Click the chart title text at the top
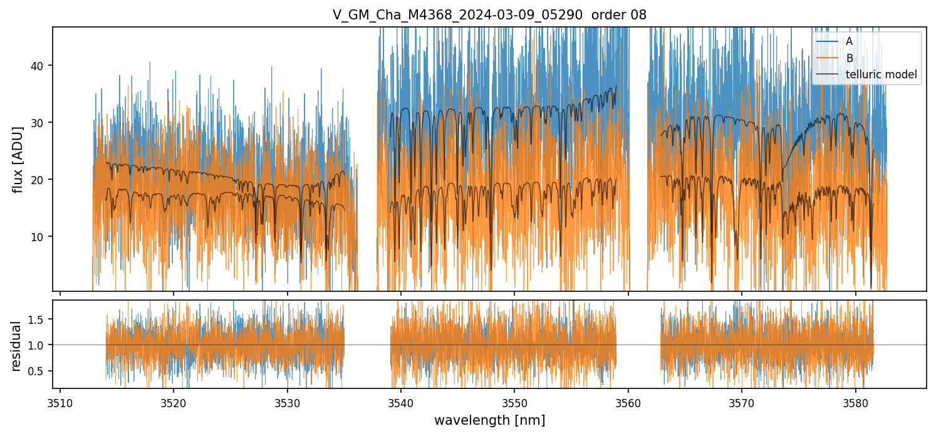489,14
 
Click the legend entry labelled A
849,41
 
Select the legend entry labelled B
849,58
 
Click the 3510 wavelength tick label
60,401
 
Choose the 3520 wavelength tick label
174,401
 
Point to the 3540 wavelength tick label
400,401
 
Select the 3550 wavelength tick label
514,401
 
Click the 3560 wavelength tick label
628,401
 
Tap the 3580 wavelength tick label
855,401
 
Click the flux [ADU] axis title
18,159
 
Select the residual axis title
16,345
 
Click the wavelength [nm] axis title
489,420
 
